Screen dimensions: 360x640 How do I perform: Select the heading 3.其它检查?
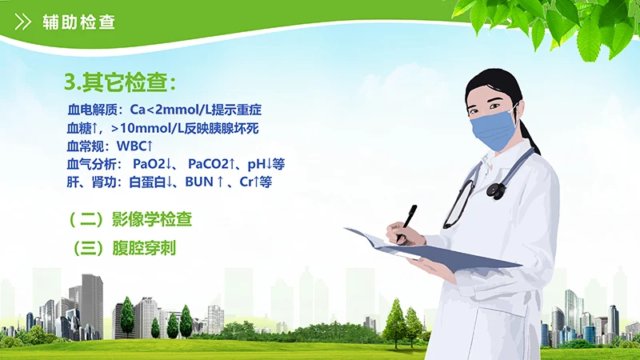coord(118,82)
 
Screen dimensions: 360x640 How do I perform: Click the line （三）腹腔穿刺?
coord(120,248)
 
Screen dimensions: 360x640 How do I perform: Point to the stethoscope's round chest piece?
coord(497,190)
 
